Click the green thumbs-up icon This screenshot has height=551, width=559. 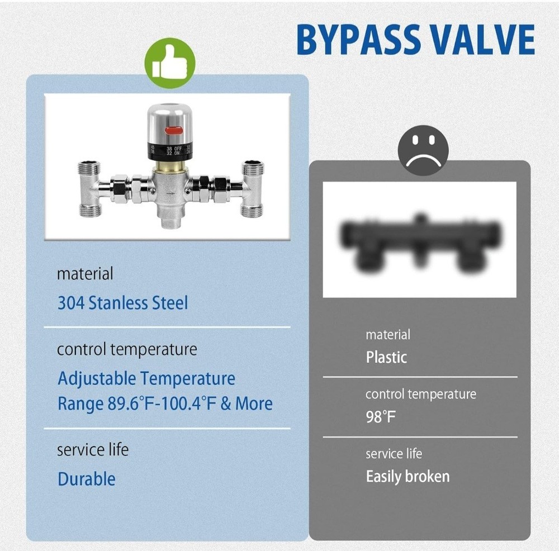click(170, 63)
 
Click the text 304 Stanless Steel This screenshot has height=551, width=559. click(122, 303)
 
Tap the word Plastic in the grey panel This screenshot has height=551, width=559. click(386, 357)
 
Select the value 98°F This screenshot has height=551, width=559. click(381, 417)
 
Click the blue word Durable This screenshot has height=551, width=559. click(87, 479)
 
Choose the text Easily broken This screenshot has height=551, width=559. click(408, 476)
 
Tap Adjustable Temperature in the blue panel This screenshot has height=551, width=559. click(146, 378)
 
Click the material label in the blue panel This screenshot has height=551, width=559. click(85, 274)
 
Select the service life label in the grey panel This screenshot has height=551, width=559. click(394, 453)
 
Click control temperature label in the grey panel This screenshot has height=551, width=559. click(421, 395)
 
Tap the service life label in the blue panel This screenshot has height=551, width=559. click(93, 449)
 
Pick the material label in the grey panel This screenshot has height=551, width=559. click(388, 335)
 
